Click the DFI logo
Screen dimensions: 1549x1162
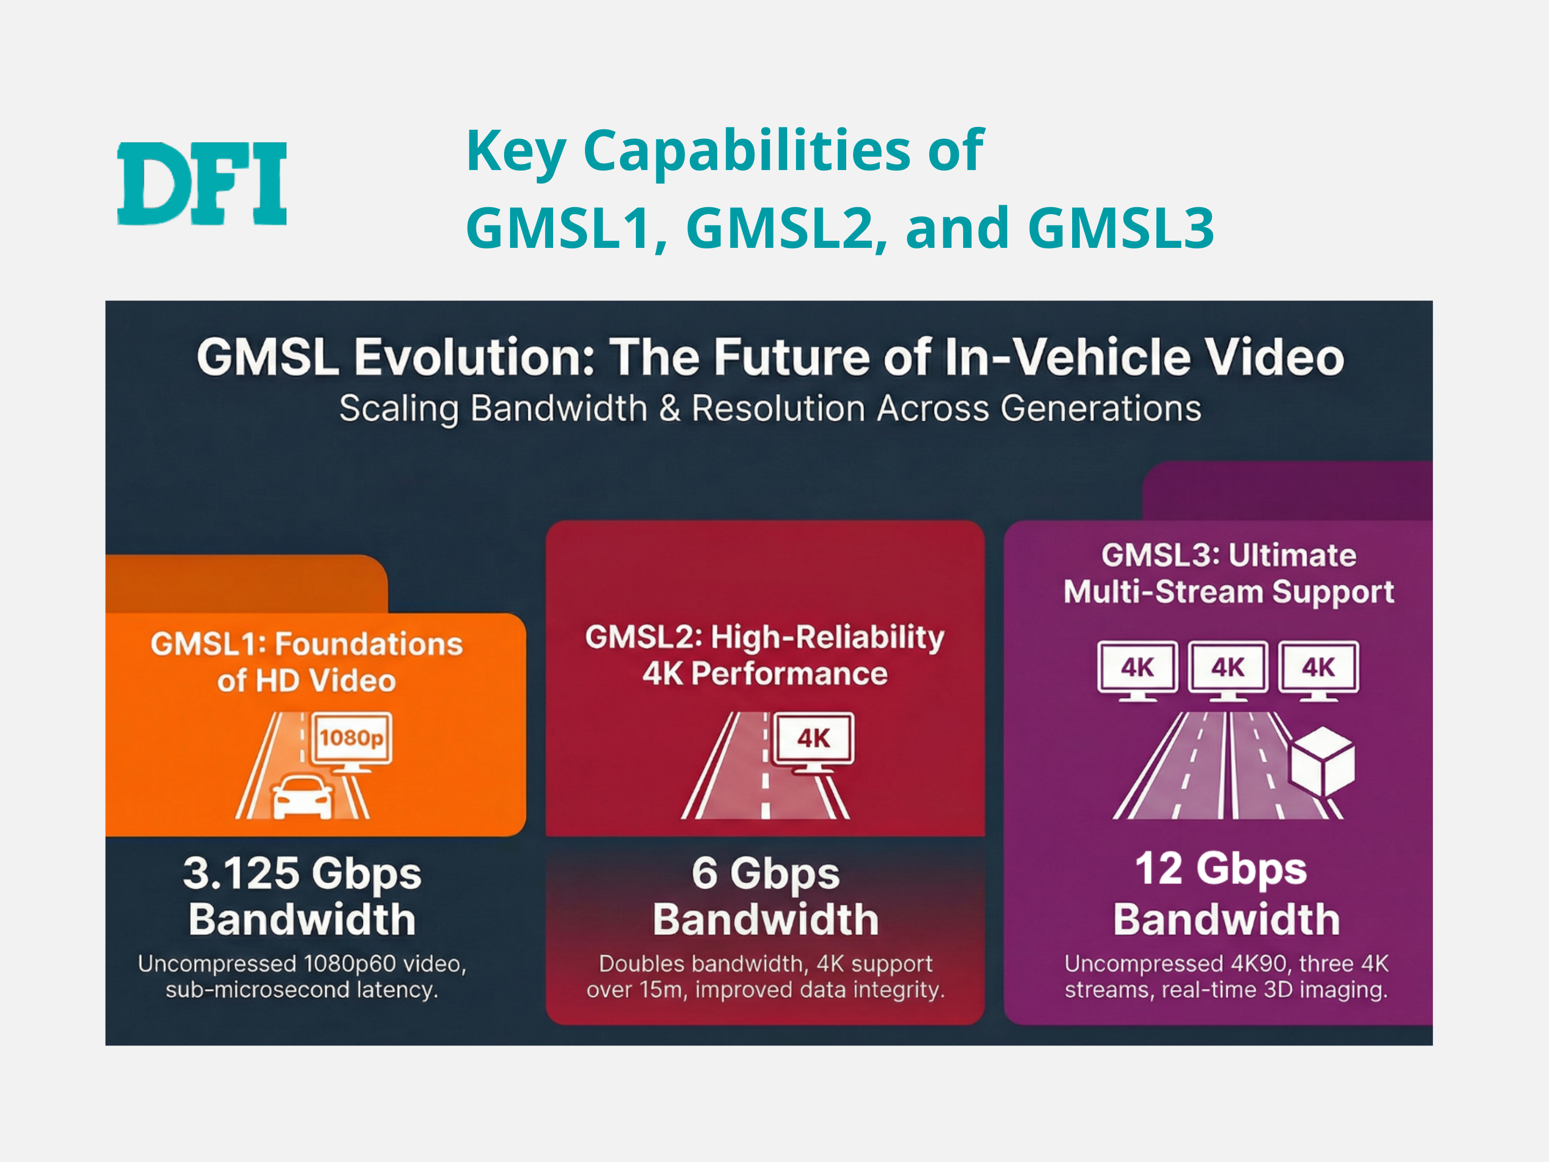(x=202, y=183)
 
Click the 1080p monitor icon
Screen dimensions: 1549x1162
(x=351, y=742)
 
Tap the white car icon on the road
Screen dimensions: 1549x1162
(x=302, y=796)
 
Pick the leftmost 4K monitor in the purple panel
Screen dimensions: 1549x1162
(x=1137, y=670)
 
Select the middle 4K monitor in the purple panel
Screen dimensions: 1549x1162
(x=1228, y=670)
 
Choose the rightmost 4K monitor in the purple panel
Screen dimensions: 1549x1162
(x=1319, y=670)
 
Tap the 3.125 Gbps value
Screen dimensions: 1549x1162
(x=302, y=874)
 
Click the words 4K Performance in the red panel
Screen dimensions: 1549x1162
(x=765, y=674)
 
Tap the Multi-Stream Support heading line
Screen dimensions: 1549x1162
(x=1229, y=592)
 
